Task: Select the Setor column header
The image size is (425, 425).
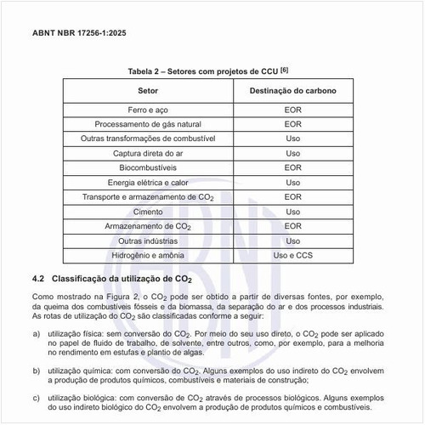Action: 146,90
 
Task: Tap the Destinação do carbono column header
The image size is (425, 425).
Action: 292,90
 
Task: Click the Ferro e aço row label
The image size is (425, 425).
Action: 146,110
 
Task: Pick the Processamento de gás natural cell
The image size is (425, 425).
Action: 146,125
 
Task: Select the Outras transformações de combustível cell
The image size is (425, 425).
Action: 146,139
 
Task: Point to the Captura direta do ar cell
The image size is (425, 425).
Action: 146,153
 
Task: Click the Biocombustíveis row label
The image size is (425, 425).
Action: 146,168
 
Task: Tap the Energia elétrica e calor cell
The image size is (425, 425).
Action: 146,183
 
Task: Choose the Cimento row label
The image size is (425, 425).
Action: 146,212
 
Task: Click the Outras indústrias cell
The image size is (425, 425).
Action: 146,241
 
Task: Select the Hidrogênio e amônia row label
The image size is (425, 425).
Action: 146,256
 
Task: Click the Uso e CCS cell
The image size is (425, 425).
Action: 292,256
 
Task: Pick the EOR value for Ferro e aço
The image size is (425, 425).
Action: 292,110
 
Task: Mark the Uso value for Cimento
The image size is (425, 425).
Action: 292,212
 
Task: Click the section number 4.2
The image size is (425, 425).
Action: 37,279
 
